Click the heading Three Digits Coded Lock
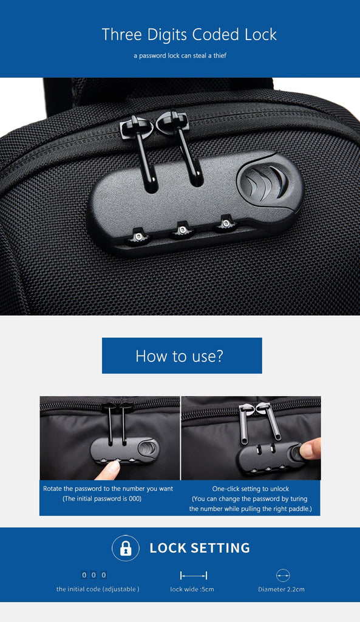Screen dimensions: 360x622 tap(189, 35)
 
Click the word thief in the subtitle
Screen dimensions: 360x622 tap(220, 55)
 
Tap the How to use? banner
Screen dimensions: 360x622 tap(182, 355)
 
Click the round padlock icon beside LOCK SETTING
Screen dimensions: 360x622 tap(126, 549)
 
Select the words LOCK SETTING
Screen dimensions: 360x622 tap(200, 549)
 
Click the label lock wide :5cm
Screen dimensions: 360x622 tap(192, 589)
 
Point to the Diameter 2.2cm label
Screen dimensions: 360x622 tap(282, 589)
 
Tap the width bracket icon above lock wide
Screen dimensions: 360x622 tap(194, 575)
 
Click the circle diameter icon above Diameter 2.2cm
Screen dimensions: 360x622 tap(283, 575)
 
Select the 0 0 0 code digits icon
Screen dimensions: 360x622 tap(94, 575)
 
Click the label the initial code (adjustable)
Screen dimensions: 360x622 tap(98, 589)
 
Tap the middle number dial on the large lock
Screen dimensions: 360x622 tap(182, 230)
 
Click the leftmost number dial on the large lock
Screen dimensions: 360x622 tap(138, 237)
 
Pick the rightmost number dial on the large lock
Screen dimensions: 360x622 tap(226, 224)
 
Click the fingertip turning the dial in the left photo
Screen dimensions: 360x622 tap(109, 470)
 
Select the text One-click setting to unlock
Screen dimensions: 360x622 tap(251, 489)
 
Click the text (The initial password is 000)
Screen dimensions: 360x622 tap(102, 499)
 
